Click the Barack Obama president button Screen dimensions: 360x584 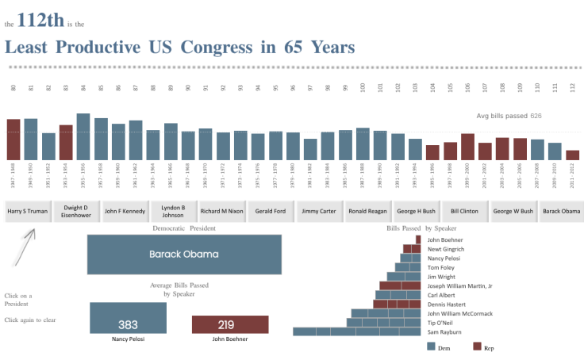(x=561, y=212)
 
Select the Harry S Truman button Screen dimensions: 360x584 (x=28, y=212)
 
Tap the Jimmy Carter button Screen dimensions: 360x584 (x=319, y=212)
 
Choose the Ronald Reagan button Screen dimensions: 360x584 (x=367, y=212)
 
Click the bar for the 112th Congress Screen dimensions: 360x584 (x=572, y=155)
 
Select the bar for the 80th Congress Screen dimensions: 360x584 (x=13, y=140)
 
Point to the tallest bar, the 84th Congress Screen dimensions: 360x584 (x=83, y=136)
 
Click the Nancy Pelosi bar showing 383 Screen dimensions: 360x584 (x=128, y=318)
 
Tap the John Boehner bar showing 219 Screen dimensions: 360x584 (x=230, y=324)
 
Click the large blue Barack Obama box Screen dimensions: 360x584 (x=184, y=255)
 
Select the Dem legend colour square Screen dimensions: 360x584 (x=431, y=347)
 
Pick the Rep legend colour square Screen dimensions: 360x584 (x=478, y=347)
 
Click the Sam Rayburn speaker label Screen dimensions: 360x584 (x=444, y=331)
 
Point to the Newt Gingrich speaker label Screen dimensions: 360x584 (x=448, y=249)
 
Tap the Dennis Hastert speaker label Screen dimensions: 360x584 (x=447, y=304)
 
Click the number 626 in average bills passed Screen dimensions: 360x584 (x=536, y=116)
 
